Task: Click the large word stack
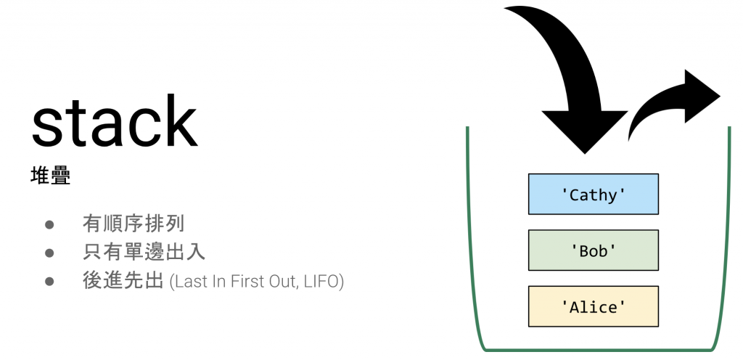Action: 114,121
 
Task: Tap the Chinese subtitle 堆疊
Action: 50,176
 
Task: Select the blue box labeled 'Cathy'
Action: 594,195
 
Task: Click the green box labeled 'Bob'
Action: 594,250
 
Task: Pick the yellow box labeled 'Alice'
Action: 594,306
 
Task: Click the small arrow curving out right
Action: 673,102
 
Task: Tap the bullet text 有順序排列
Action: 134,224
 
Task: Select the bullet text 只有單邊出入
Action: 144,253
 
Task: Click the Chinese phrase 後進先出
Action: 123,282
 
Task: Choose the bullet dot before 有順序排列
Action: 50,224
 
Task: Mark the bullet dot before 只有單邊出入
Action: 50,253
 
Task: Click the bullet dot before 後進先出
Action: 50,282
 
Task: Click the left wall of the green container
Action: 470,237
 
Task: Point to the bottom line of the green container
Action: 598,351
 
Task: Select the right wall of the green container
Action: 724,237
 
